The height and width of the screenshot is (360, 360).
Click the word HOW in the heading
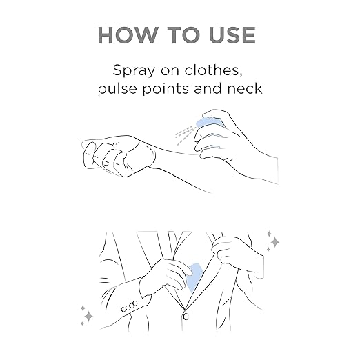[x=127, y=35]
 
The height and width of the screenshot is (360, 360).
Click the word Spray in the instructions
[x=134, y=70]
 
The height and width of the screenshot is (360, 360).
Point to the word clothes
[x=214, y=70]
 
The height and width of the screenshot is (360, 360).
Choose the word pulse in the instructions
[x=117, y=88]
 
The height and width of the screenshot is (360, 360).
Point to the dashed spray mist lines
[x=186, y=134]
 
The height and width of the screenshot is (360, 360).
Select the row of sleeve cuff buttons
[x=129, y=306]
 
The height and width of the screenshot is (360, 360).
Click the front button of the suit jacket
[x=186, y=317]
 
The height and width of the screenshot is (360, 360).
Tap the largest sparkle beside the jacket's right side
[x=274, y=242]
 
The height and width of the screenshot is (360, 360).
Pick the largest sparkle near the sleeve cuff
[x=88, y=317]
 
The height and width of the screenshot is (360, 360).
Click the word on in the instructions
[x=170, y=70]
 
